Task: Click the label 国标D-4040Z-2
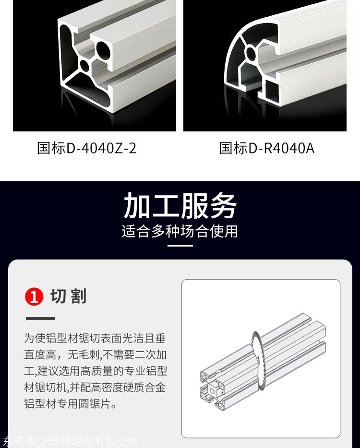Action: pyautogui.click(x=87, y=148)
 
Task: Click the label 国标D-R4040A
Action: pyautogui.click(x=267, y=148)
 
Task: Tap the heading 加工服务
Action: pyautogui.click(x=180, y=205)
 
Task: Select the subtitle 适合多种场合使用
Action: pyautogui.click(x=180, y=231)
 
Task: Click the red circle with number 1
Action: pyautogui.click(x=34, y=296)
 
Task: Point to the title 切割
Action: pyautogui.click(x=68, y=296)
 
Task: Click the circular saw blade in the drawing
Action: pyautogui.click(x=258, y=360)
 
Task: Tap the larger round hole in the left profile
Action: pyautogui.click(x=103, y=49)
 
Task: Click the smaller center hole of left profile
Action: pyautogui.click(x=84, y=65)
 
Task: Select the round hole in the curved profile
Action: pyautogui.click(x=251, y=53)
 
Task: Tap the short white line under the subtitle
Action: pyautogui.click(x=180, y=246)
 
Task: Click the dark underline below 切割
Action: pyautogui.click(x=40, y=318)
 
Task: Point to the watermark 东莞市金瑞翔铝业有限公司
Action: pyautogui.click(x=70, y=442)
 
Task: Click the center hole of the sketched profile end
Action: pyautogui.click(x=213, y=390)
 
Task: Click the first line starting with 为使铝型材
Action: pyautogui.click(x=95, y=338)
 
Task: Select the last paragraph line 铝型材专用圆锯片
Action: pyautogui.click(x=71, y=404)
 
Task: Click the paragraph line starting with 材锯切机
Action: pyautogui.click(x=95, y=388)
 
